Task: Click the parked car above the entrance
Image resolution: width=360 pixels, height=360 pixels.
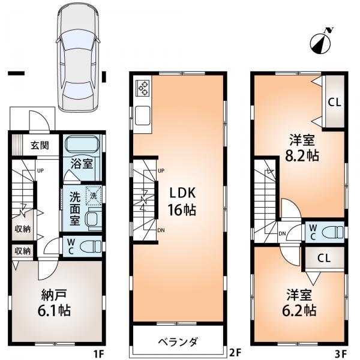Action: pyautogui.click(x=76, y=57)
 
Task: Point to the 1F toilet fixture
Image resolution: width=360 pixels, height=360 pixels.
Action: pyautogui.click(x=89, y=245)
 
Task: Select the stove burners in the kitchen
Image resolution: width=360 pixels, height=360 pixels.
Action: pyautogui.click(x=144, y=88)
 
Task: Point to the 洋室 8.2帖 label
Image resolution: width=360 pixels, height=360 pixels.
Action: pyautogui.click(x=300, y=148)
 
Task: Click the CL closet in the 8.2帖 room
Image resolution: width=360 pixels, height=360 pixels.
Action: pyautogui.click(x=334, y=102)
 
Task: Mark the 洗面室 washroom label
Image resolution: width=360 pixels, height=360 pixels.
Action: pyautogui.click(x=74, y=207)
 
